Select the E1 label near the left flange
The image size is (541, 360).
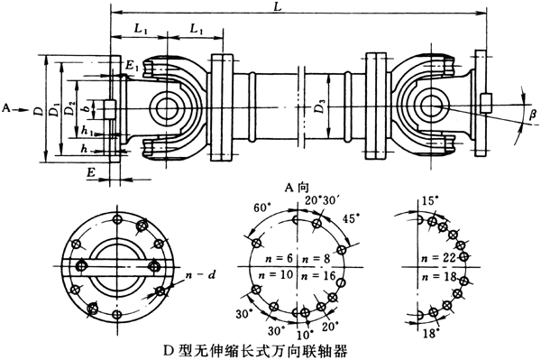(x=133, y=66)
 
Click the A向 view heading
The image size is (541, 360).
(x=298, y=187)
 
